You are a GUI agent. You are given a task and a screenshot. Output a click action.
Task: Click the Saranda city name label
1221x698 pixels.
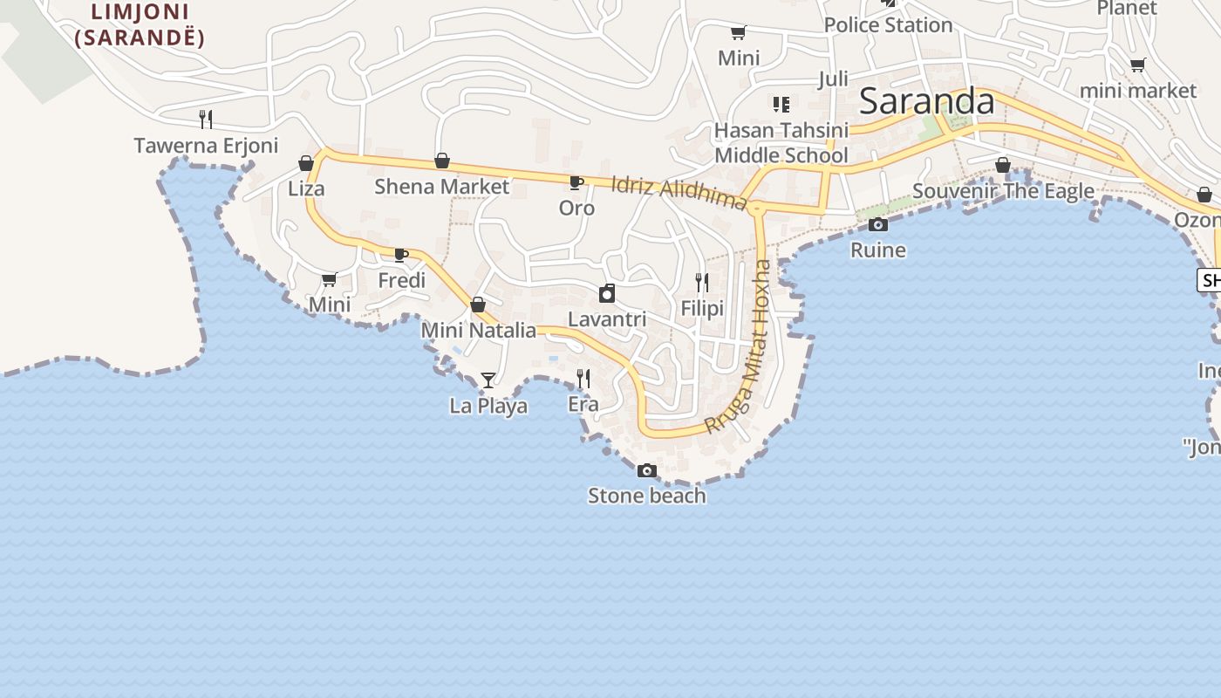pos(926,102)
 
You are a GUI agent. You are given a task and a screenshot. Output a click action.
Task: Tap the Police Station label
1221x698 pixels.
pos(888,25)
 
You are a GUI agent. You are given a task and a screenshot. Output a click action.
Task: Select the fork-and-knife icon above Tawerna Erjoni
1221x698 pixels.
pos(206,119)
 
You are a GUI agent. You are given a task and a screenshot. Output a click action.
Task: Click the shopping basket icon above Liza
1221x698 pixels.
pos(306,163)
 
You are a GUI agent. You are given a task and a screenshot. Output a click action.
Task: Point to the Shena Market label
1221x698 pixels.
pos(441,187)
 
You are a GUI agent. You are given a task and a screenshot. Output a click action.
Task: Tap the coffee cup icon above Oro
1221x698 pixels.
pos(576,182)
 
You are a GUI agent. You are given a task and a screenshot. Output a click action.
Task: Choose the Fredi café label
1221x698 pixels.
pos(402,280)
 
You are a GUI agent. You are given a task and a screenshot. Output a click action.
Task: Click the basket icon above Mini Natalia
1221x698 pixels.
pos(478,305)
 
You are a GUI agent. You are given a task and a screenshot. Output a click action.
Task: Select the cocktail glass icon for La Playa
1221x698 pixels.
pos(488,380)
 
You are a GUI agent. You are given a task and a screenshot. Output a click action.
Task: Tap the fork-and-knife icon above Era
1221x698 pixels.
pos(583,378)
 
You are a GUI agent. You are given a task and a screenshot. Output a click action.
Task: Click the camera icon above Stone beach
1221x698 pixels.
pos(646,470)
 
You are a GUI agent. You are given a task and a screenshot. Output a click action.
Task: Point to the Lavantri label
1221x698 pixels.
pos(607,319)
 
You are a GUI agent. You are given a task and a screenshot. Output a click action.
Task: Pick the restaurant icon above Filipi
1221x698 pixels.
pos(702,282)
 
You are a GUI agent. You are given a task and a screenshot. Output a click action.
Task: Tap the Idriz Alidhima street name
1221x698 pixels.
pos(679,193)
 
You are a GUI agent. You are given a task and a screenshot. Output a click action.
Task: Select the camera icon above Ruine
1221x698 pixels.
pos(878,225)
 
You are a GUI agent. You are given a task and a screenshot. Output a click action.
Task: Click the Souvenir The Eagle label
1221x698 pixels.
pos(1003,191)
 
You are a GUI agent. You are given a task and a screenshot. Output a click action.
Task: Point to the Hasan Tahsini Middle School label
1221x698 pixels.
pos(781,143)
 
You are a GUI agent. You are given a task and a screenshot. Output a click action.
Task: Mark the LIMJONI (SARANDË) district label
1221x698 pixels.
pos(140,25)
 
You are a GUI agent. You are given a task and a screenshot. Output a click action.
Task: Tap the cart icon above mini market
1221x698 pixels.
pos(1137,65)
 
